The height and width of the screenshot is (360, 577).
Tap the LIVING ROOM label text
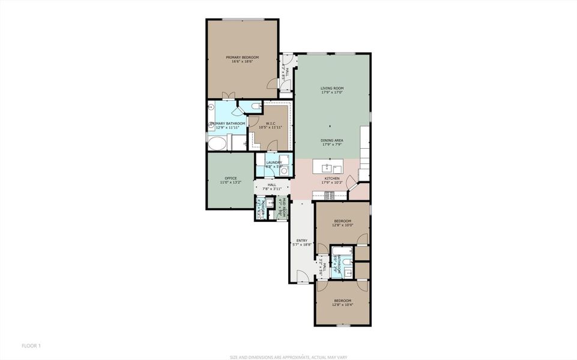(x=331, y=88)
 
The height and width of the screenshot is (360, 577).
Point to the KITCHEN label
(x=332, y=178)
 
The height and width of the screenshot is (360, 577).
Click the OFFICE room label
(x=231, y=178)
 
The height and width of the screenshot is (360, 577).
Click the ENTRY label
(x=301, y=241)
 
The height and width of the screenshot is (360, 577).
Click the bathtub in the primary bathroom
(x=217, y=143)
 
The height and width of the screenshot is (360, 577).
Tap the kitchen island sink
(x=327, y=167)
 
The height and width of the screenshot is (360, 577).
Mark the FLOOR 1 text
(x=31, y=346)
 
